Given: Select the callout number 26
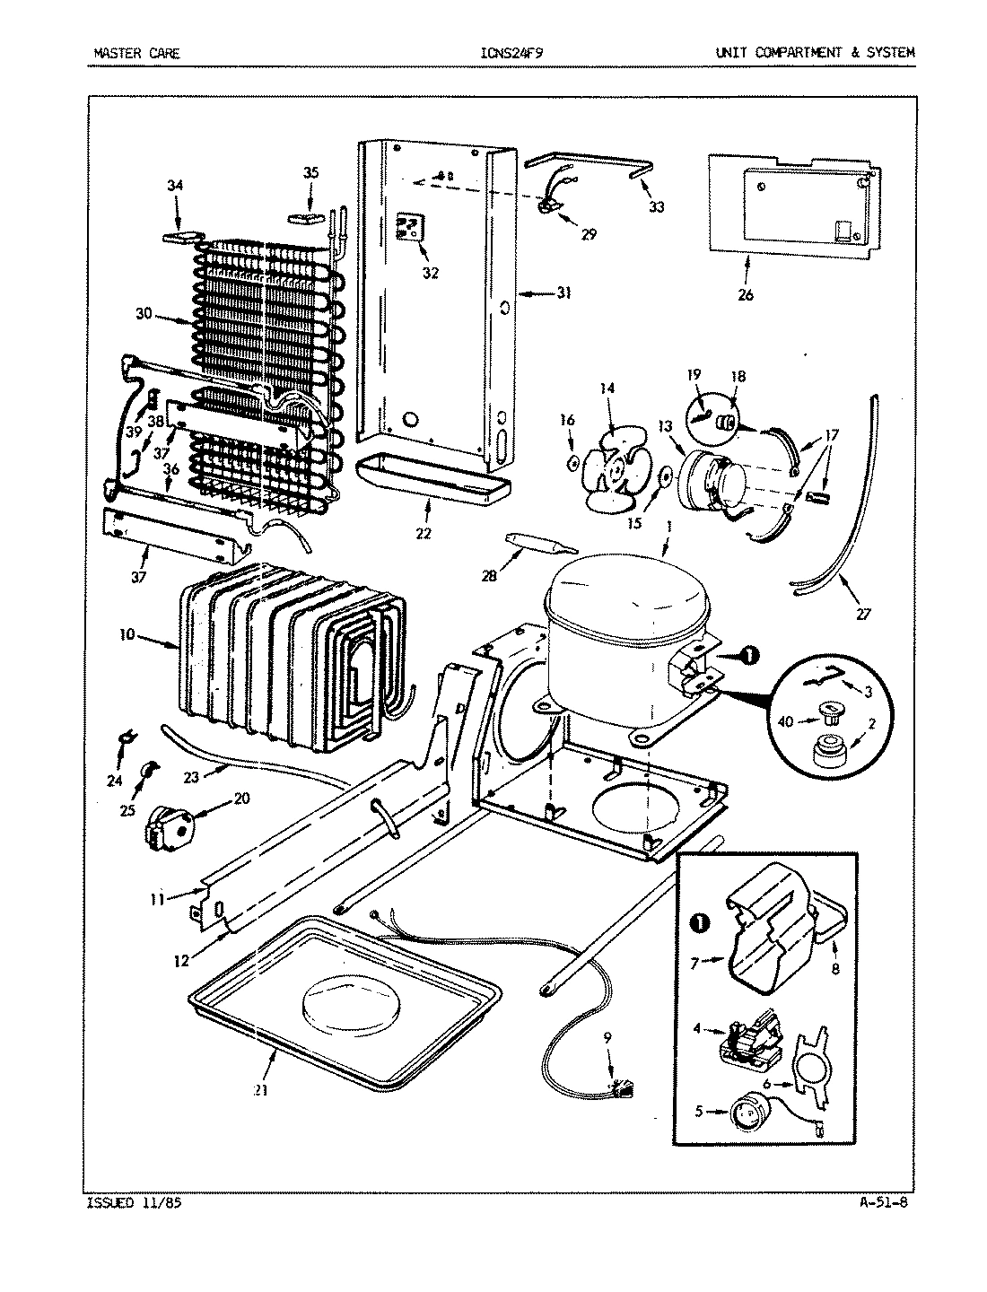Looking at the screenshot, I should (746, 295).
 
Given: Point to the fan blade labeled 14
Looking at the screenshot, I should (607, 460).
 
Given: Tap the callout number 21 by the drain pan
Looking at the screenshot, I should (259, 1091).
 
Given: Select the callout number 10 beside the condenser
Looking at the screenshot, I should (126, 634).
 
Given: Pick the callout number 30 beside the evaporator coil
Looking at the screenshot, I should (144, 314).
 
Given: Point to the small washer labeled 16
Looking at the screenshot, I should (572, 463).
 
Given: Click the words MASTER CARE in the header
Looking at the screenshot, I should (136, 53).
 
